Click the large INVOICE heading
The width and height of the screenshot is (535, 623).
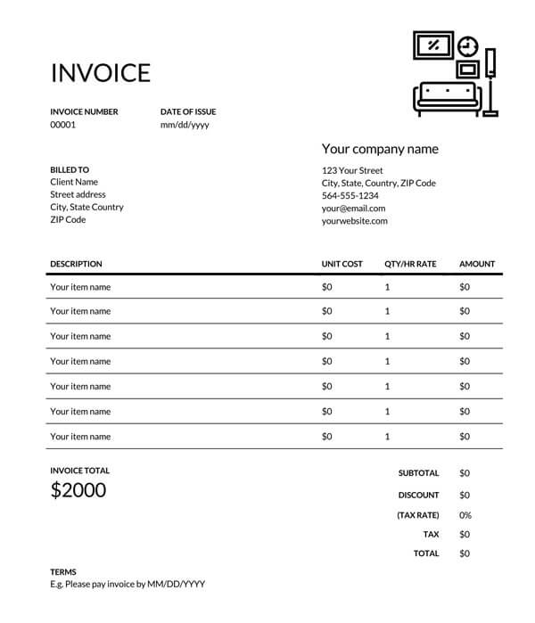pyautogui.click(x=101, y=72)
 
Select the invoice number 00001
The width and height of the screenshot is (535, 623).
pyautogui.click(x=63, y=125)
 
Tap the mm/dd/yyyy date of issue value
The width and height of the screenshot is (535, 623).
pyautogui.click(x=185, y=125)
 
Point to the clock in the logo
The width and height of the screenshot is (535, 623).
pyautogui.click(x=468, y=45)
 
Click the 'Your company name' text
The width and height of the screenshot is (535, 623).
pyautogui.click(x=380, y=149)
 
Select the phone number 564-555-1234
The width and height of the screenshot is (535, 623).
pyautogui.click(x=350, y=195)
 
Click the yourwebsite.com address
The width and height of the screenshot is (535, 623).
pyautogui.click(x=355, y=220)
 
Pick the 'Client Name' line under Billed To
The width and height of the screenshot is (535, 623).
pyautogui.click(x=74, y=182)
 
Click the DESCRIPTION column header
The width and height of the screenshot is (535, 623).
pyautogui.click(x=76, y=264)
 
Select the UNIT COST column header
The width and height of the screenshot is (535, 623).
pyautogui.click(x=342, y=264)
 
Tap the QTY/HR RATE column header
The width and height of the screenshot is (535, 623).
pyautogui.click(x=410, y=264)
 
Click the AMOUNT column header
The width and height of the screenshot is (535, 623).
pyautogui.click(x=477, y=264)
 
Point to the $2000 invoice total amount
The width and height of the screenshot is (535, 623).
pyautogui.click(x=78, y=489)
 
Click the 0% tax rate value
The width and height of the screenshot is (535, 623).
pyautogui.click(x=465, y=515)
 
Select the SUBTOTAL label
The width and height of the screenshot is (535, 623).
pyautogui.click(x=418, y=473)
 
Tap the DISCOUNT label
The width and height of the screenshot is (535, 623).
pyautogui.click(x=418, y=495)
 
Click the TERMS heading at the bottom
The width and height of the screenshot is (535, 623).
pyautogui.click(x=63, y=572)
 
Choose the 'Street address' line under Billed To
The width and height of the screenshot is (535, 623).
pyautogui.click(x=78, y=194)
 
